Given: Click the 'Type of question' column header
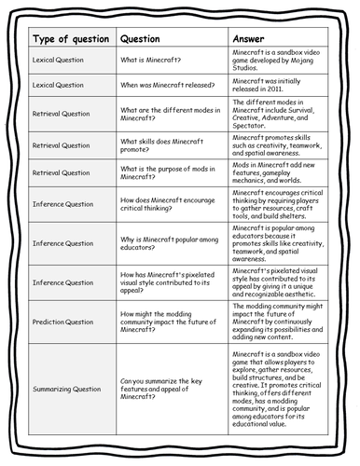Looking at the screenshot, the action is [66, 39].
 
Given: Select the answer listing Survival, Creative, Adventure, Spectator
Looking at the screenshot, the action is [276, 114].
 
